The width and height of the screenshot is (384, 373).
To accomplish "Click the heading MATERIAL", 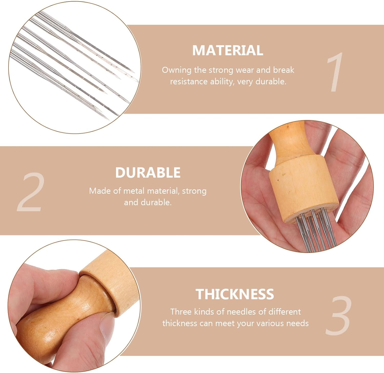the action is point(228,50).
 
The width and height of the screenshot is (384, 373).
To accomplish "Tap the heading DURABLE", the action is point(148,172).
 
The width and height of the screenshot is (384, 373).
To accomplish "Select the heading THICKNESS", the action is point(235,294).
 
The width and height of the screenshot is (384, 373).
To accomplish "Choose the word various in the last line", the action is point(270,323).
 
